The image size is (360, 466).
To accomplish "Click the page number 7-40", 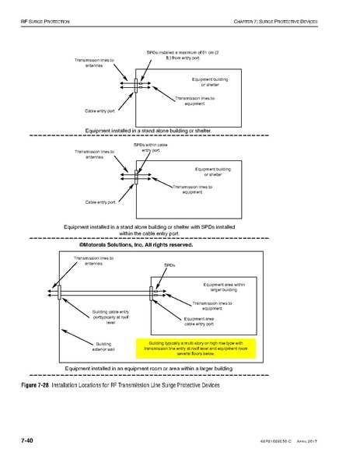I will click(x=26, y=440).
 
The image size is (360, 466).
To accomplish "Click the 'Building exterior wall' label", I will click(x=103, y=346).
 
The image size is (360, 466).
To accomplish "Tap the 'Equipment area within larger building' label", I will click(x=222, y=287).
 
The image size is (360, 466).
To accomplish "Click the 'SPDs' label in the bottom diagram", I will click(x=170, y=265).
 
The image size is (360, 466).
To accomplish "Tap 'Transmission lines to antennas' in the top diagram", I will click(x=93, y=62).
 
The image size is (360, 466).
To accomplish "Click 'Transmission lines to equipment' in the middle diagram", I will click(x=193, y=190).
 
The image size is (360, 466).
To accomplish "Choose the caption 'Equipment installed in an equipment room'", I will click(x=149, y=367).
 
